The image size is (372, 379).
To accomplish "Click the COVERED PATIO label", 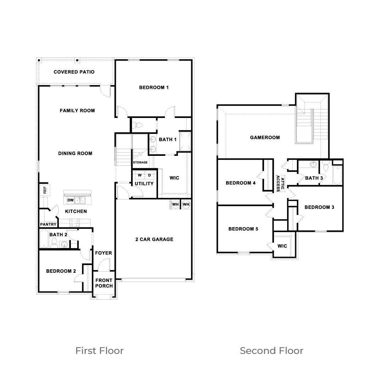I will [x=74, y=72].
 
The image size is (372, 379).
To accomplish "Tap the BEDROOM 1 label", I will [x=154, y=87].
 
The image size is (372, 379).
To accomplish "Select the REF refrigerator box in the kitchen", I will [x=45, y=190].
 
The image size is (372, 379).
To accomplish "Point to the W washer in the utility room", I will [x=140, y=175].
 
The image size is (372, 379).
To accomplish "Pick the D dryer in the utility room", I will [x=150, y=175].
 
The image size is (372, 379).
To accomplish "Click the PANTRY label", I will [x=48, y=225].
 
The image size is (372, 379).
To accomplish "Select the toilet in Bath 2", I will [x=55, y=243].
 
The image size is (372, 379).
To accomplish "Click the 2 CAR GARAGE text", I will [x=154, y=239].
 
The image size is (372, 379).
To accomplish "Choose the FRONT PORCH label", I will [x=104, y=283].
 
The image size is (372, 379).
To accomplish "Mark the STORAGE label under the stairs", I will [x=140, y=163].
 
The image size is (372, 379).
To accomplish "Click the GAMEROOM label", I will [x=265, y=137].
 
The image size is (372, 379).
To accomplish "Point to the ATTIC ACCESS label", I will [x=280, y=183].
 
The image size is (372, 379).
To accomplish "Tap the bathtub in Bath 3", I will [x=337, y=175].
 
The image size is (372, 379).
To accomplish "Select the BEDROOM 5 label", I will [x=243, y=229].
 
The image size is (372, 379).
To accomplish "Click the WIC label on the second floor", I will [x=282, y=246].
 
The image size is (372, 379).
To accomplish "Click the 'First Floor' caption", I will [x=99, y=351].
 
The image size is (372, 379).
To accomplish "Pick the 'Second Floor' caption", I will [x=271, y=351].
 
